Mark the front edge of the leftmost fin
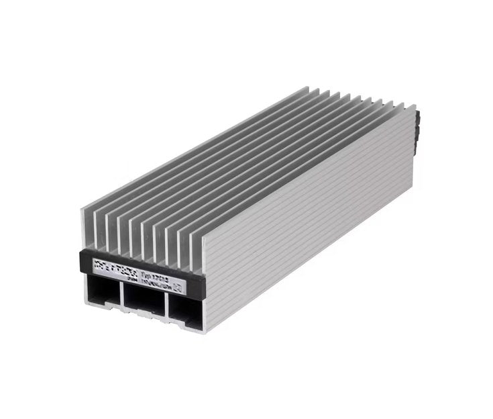point(85,228)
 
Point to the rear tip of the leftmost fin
point(309,87)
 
